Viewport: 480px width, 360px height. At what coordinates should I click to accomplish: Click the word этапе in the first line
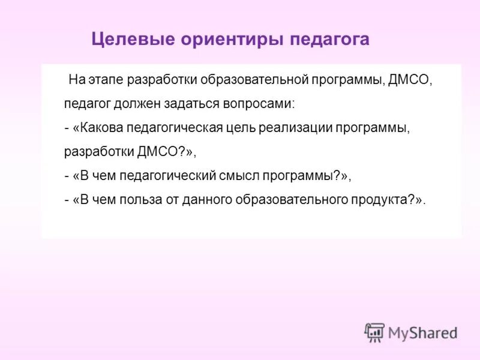tap(105, 79)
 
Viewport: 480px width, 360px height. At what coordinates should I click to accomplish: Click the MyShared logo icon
tap(374, 332)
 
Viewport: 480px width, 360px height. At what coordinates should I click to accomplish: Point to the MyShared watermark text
tap(422, 332)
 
